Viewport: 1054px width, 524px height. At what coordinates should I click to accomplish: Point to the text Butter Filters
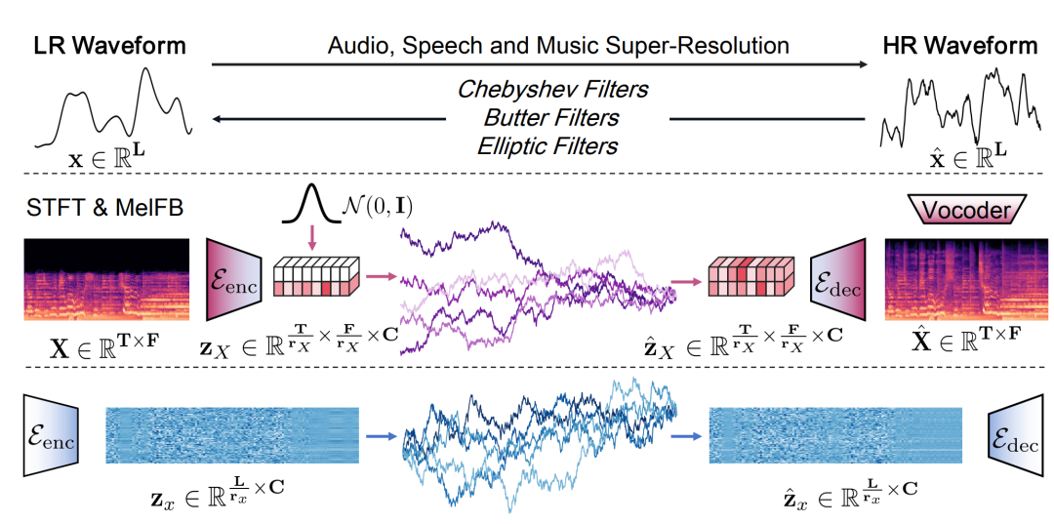pyautogui.click(x=551, y=117)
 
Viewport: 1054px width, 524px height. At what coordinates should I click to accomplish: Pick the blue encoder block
pyautogui.click(x=52, y=434)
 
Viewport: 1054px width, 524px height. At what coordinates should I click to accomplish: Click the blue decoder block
pyautogui.click(x=1016, y=434)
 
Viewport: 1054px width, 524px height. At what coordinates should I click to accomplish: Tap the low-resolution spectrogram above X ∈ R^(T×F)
pyautogui.click(x=104, y=279)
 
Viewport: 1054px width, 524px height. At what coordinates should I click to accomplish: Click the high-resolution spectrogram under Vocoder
pyautogui.click(x=966, y=279)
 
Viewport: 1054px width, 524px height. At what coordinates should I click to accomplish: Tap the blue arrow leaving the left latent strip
pyautogui.click(x=384, y=436)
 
